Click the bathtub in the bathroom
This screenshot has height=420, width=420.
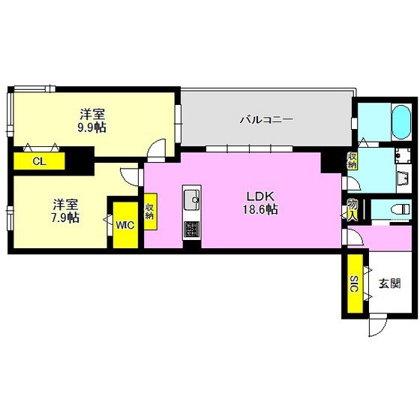pos(401,119)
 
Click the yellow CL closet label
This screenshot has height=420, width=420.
pos(37,161)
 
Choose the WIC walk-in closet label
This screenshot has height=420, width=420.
pos(124,223)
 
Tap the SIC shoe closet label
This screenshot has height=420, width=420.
pos(353,283)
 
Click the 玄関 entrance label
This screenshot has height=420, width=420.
pos(389,283)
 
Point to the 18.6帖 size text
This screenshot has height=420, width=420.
pos(259,210)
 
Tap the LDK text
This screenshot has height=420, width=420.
pos(259,196)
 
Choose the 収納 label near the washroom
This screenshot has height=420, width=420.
pos(352,160)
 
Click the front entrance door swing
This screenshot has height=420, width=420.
pos(377,324)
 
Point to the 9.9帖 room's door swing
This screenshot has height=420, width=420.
pos(156,150)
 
